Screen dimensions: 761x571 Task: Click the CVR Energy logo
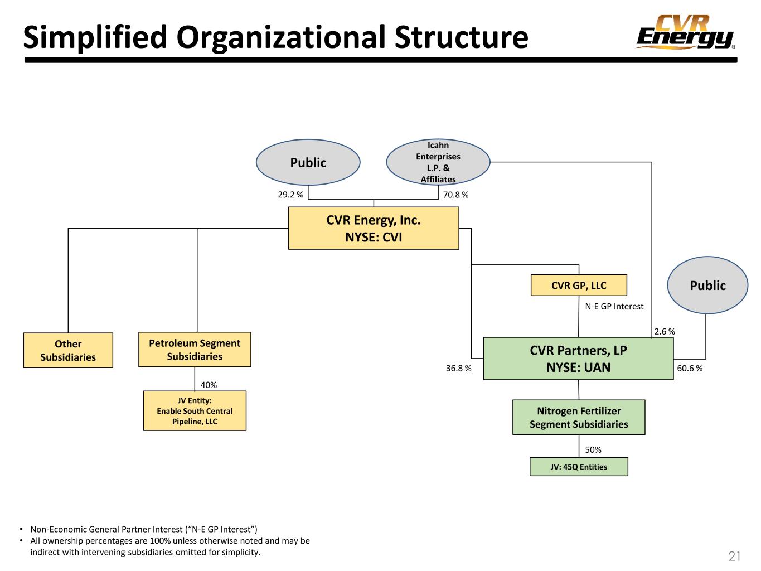(685, 32)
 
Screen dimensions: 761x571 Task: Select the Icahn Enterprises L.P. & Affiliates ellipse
(438, 162)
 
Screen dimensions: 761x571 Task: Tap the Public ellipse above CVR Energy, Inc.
(308, 162)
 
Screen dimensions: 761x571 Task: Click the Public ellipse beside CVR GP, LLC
(707, 285)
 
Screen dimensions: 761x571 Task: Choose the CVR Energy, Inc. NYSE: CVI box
(374, 228)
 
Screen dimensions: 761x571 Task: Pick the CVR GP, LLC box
(578, 285)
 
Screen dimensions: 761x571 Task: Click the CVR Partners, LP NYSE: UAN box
(578, 359)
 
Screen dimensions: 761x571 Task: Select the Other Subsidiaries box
(68, 350)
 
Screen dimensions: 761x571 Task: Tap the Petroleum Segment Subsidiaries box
(195, 350)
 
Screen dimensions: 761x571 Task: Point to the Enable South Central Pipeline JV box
(195, 411)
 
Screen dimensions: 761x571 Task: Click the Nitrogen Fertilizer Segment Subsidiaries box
(579, 417)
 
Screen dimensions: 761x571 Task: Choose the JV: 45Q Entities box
(579, 467)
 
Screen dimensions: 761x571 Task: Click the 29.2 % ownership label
(290, 195)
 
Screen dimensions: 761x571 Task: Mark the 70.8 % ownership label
(455, 195)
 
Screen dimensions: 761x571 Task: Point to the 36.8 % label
(458, 368)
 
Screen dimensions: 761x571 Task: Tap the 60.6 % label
(690, 368)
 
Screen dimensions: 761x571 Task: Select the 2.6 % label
(664, 331)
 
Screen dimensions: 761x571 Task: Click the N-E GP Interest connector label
(614, 307)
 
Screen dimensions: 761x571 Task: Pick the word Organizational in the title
(281, 37)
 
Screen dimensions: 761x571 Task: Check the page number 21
(734, 556)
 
